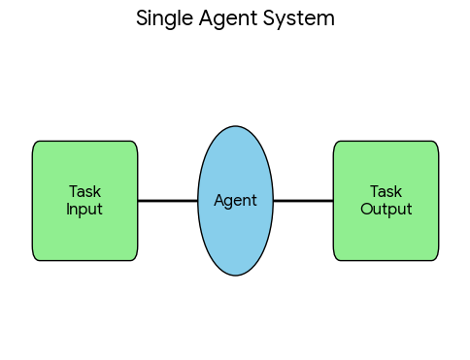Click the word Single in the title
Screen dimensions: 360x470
(162, 18)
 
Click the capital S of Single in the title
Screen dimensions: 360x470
(142, 18)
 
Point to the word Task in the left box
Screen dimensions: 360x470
(84, 192)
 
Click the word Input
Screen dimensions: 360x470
(84, 209)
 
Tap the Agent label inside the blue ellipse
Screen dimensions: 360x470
(235, 201)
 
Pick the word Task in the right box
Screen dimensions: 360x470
(386, 192)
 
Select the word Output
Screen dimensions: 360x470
(386, 209)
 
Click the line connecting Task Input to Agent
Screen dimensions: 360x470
(167, 201)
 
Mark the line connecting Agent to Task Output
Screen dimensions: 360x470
(303, 201)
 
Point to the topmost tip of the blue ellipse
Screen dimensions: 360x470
(235, 126)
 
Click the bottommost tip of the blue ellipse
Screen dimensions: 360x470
(235, 276)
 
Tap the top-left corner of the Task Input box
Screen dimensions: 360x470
(35, 144)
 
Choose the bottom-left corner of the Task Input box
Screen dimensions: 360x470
(35, 258)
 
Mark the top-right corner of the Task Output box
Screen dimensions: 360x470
(436, 144)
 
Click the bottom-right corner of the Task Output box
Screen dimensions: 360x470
(436, 258)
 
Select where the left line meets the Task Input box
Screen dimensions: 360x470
(138, 201)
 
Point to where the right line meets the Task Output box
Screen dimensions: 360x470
(333, 201)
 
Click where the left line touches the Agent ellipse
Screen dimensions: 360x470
(198, 201)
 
